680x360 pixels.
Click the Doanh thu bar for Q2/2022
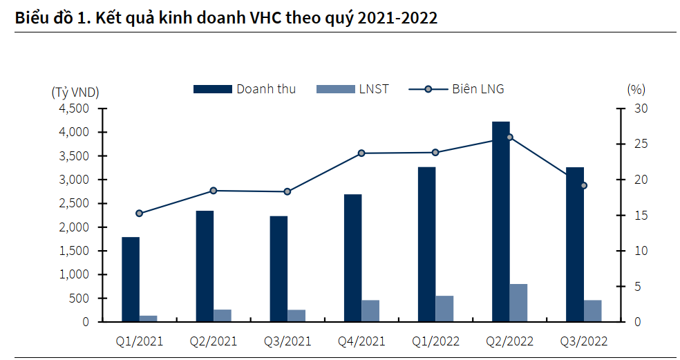[501, 221]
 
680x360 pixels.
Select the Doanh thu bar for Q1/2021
[131, 279]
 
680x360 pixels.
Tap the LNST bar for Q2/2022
[518, 303]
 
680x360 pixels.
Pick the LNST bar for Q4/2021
[370, 311]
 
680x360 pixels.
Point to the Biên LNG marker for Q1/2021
[139, 214]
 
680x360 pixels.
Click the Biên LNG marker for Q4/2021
[361, 153]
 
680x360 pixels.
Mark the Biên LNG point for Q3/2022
[583, 185]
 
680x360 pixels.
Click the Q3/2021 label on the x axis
[287, 341]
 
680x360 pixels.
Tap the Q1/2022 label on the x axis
[435, 341]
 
